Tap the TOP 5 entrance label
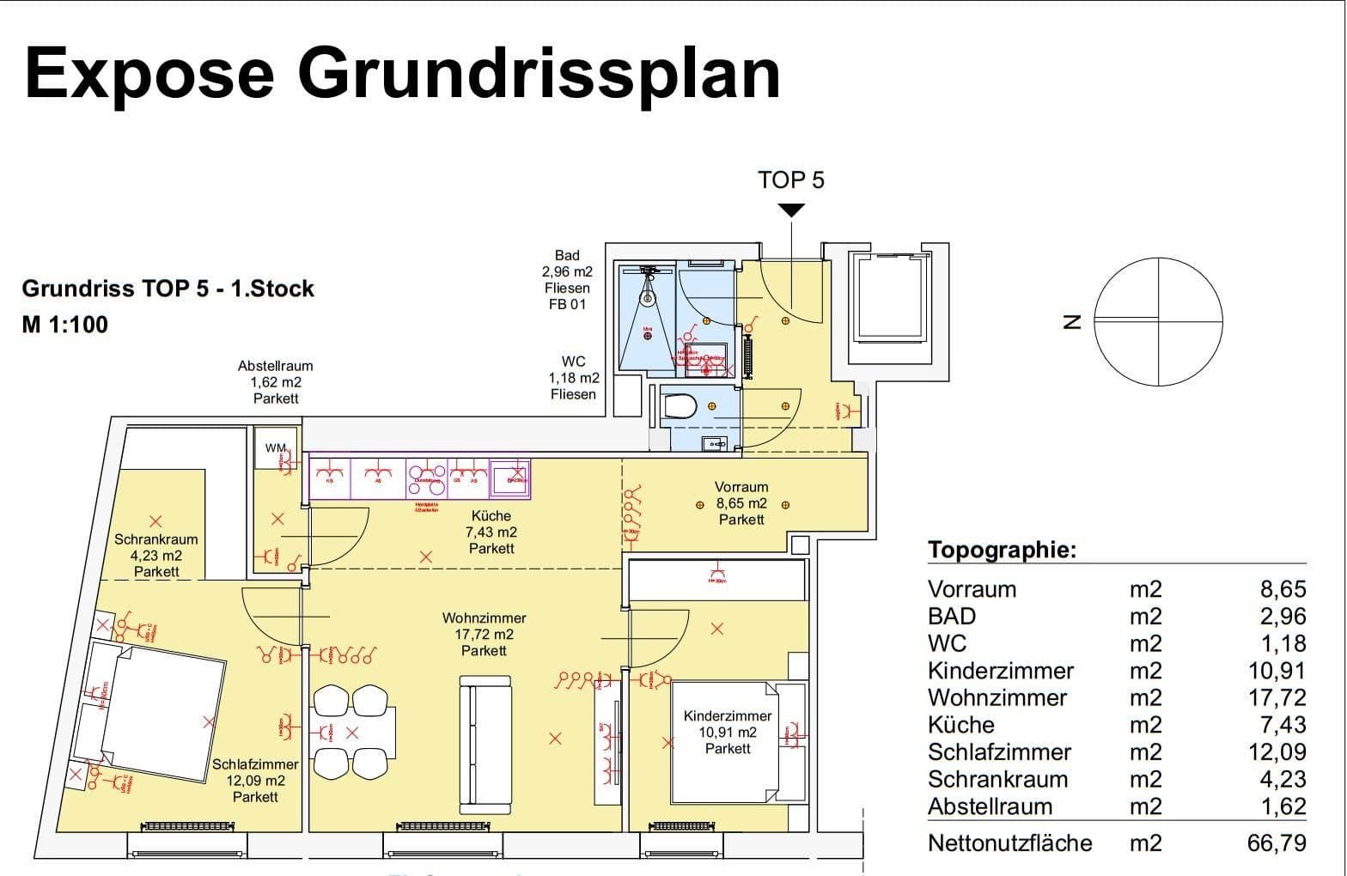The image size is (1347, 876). (790, 179)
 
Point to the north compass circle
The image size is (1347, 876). (1158, 321)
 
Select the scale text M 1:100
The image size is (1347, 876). (65, 325)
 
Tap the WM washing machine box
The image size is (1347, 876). (275, 448)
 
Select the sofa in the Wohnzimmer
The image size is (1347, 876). (485, 744)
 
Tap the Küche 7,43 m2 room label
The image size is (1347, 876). (491, 532)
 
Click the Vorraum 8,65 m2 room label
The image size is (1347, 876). (741, 503)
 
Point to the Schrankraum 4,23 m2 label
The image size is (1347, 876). (156, 555)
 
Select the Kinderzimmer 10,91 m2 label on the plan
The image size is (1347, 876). (728, 732)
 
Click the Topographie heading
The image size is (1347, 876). (1002, 550)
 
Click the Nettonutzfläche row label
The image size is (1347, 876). (1009, 843)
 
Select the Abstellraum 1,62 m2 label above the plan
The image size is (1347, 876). (276, 382)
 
